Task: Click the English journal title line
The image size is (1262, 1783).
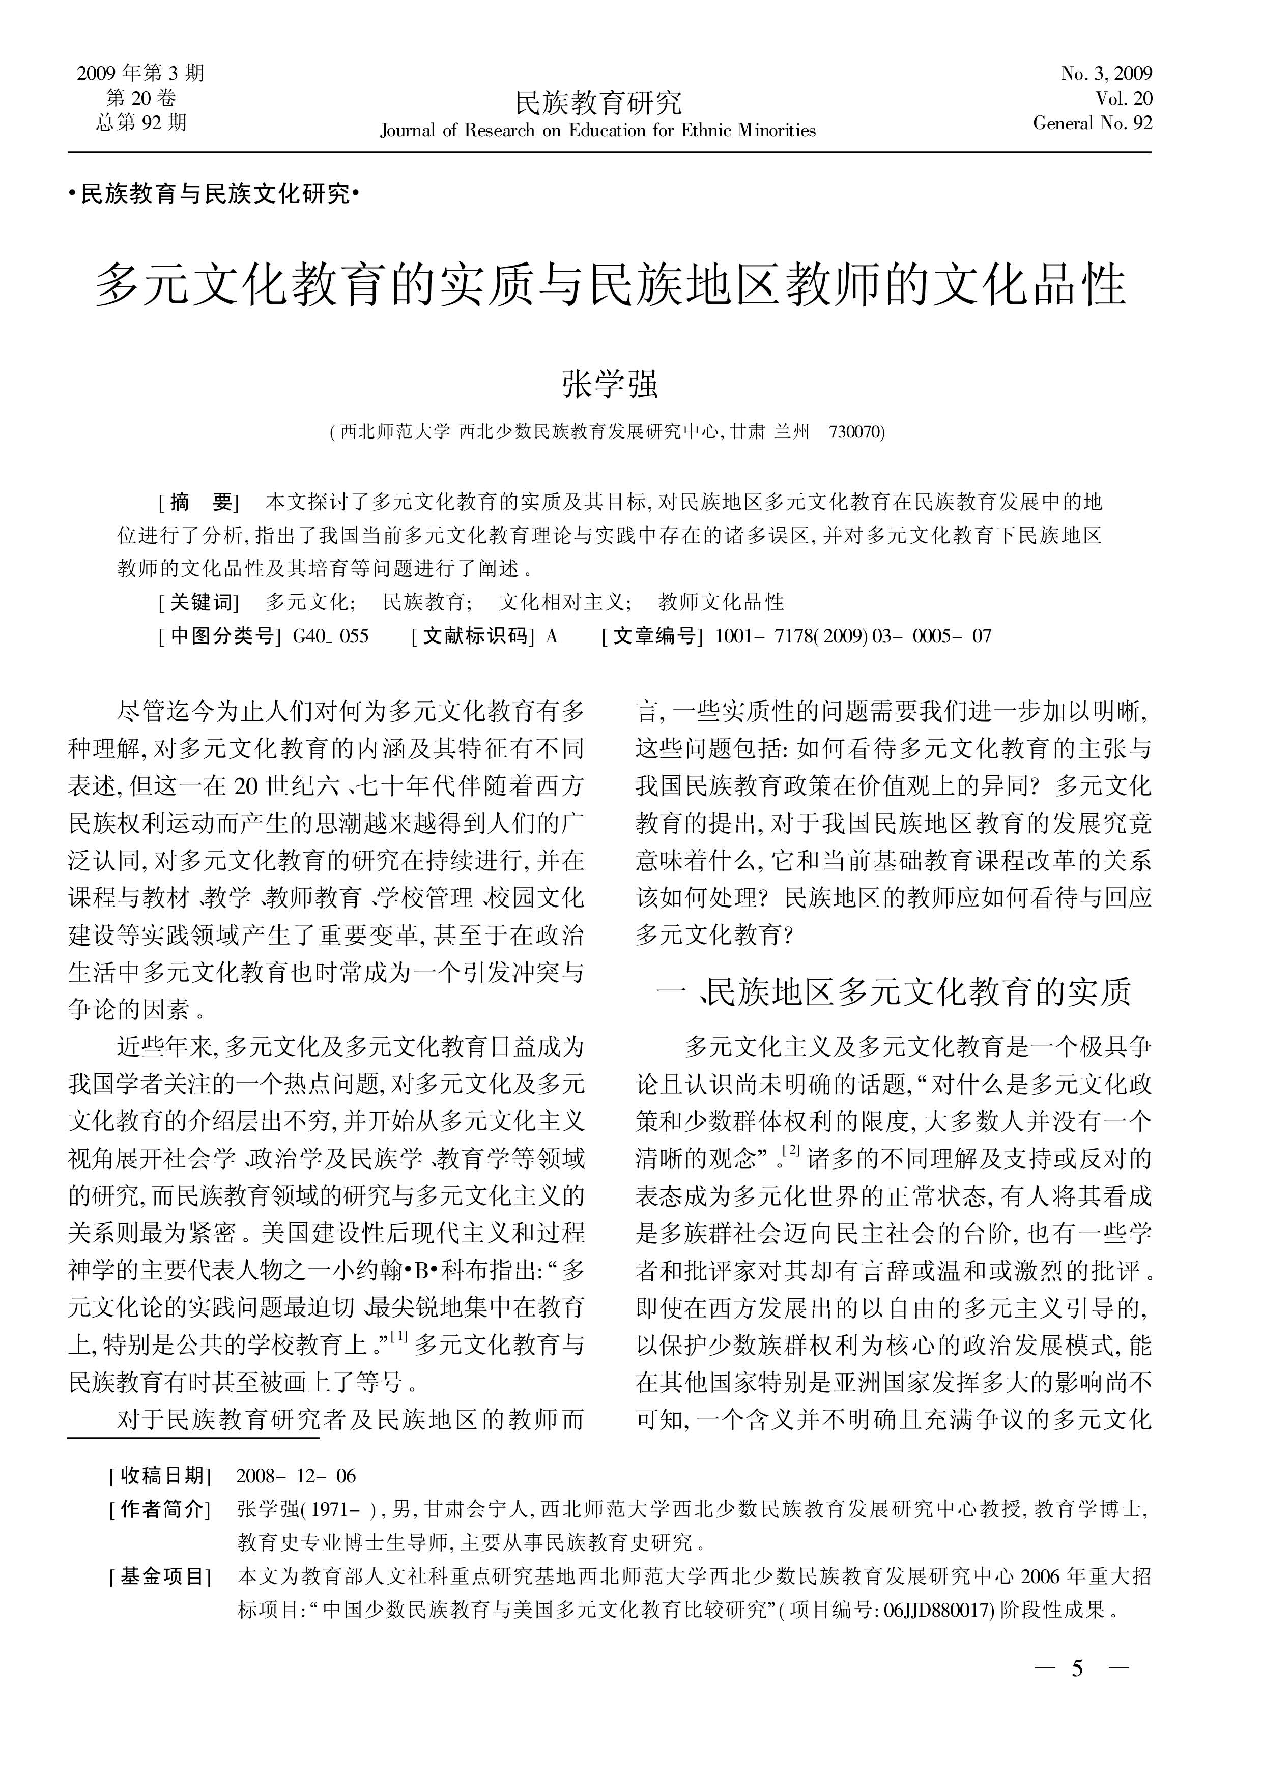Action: click(x=597, y=131)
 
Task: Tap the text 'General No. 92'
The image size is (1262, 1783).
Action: click(x=1092, y=123)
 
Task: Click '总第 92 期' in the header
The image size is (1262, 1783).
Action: click(x=141, y=122)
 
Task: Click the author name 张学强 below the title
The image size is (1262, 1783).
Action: click(x=610, y=384)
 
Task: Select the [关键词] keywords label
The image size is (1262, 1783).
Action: click(x=198, y=602)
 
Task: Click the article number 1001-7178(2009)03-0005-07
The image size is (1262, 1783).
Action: click(x=852, y=636)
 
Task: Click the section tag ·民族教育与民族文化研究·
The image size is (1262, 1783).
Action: click(x=214, y=194)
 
